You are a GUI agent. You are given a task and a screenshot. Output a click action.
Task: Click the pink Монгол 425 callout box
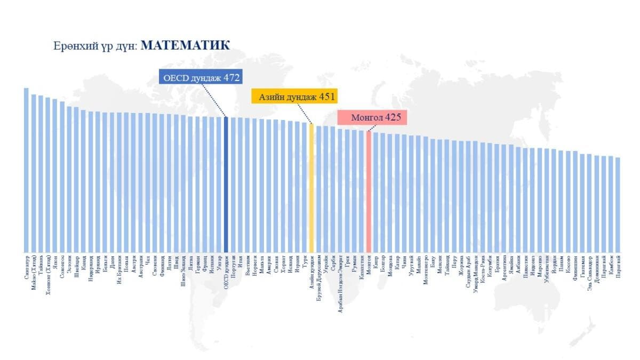(x=372, y=117)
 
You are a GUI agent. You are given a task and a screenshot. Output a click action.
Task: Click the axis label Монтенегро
(x=426, y=269)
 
